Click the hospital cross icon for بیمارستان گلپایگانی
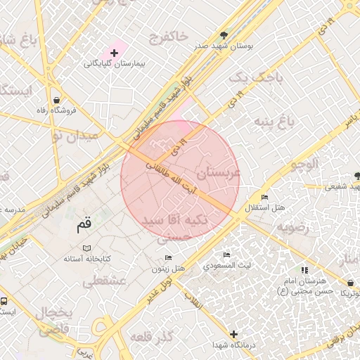point(114,53)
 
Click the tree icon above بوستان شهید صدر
point(224,34)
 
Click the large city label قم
point(83,226)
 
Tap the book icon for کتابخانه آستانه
point(86,248)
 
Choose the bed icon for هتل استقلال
point(264,198)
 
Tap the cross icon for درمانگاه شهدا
point(234,335)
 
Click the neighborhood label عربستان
point(219,172)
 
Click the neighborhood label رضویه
point(292,228)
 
